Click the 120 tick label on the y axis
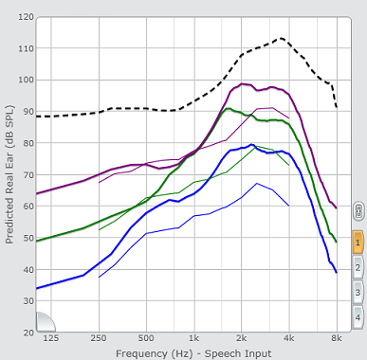click(x=27, y=17)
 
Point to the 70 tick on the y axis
click(x=28, y=174)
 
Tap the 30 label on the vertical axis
click(x=28, y=301)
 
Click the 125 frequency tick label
click(x=51, y=338)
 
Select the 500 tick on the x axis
click(x=146, y=338)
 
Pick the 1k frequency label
click(x=193, y=338)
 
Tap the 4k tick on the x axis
click(x=289, y=338)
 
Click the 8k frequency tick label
click(x=337, y=338)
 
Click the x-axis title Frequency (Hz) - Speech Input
click(x=193, y=353)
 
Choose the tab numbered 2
click(x=358, y=268)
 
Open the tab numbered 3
click(x=358, y=293)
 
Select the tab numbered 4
click(x=358, y=317)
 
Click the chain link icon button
click(x=358, y=211)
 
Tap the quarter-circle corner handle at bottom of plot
click(x=45, y=323)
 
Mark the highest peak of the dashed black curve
click(x=281, y=39)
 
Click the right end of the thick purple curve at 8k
click(x=337, y=208)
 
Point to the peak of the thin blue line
click(x=257, y=183)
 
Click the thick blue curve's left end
click(x=37, y=288)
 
